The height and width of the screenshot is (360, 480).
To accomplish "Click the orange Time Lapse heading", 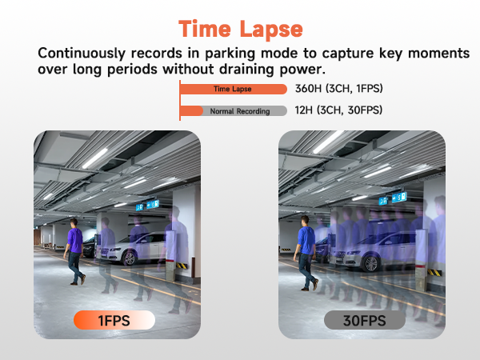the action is [x=241, y=30].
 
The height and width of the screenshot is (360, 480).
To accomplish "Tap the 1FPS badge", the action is [x=114, y=320].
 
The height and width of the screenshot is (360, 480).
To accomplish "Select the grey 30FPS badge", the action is [x=365, y=320].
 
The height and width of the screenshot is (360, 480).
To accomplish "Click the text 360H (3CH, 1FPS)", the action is [x=339, y=89].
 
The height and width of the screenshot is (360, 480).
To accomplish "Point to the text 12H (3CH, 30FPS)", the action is [x=338, y=110].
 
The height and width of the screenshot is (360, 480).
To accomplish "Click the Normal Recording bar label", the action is [x=240, y=111].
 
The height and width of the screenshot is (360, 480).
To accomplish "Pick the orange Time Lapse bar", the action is [x=234, y=89].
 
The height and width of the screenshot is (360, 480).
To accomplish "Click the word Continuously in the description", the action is [x=82, y=54].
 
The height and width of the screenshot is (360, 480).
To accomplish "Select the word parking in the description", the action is [x=230, y=54].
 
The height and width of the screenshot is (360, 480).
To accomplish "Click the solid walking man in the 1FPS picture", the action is [x=74, y=251].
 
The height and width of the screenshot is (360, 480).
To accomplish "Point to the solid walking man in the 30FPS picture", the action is [x=306, y=253].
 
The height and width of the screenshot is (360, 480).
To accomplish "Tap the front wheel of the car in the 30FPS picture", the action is [x=370, y=263].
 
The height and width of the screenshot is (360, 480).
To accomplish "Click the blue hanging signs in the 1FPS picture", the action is [x=147, y=206].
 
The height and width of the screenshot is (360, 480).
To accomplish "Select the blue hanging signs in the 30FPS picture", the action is [x=393, y=198].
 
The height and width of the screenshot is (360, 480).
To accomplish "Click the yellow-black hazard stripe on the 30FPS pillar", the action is [x=434, y=272].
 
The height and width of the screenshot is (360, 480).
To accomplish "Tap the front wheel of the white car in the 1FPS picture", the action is [x=130, y=258].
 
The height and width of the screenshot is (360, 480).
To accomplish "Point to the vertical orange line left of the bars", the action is [x=180, y=101].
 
